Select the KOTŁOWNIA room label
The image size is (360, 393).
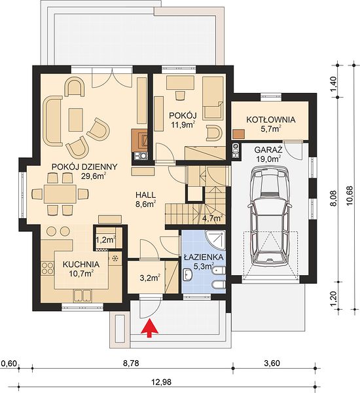tap(270, 120)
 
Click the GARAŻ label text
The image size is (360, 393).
tap(268, 150)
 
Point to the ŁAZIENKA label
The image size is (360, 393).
tap(204, 257)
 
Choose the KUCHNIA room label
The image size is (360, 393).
tap(81, 265)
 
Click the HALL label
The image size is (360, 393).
tap(145, 195)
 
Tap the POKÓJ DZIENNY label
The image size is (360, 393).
tap(84, 166)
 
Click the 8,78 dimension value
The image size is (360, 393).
tap(131, 364)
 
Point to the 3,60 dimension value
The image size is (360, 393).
tap(272, 363)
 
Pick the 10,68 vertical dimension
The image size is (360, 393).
tap(350, 195)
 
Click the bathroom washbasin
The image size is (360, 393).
tap(187, 274)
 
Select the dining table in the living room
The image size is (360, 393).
tap(60, 195)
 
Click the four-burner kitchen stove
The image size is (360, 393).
tap(47, 268)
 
